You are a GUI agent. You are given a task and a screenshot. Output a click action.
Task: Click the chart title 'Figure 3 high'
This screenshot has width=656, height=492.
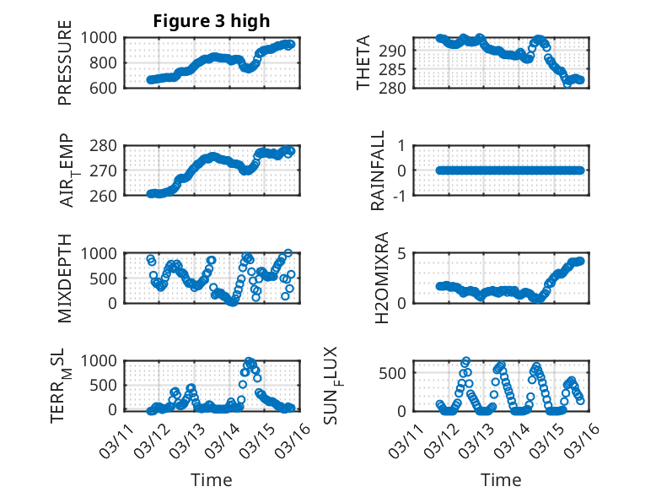(x=211, y=21)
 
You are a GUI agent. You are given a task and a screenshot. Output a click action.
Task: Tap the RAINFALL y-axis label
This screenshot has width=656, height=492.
(x=379, y=170)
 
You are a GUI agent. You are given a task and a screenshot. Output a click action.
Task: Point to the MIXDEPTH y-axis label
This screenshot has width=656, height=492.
(x=65, y=278)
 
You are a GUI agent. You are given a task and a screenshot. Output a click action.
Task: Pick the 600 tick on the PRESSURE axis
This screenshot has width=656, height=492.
(x=105, y=88)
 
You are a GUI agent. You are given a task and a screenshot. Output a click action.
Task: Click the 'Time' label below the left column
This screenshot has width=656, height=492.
(x=211, y=480)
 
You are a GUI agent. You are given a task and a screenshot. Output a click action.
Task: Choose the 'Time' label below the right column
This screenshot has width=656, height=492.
(x=501, y=480)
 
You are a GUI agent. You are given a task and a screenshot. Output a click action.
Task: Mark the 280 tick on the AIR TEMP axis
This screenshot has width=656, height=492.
(x=105, y=145)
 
